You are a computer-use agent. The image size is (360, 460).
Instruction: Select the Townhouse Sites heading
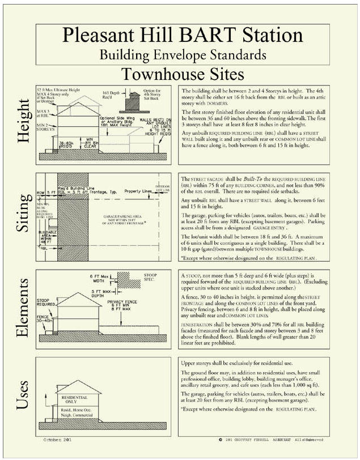(182, 74)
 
